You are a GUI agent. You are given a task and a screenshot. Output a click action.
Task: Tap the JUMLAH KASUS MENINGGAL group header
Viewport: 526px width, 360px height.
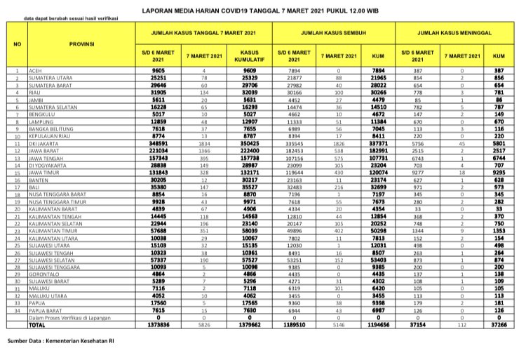452,33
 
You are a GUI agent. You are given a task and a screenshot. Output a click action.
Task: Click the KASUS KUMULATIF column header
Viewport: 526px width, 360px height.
250,55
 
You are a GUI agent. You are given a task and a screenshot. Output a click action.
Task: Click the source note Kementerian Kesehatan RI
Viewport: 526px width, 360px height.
62,342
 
